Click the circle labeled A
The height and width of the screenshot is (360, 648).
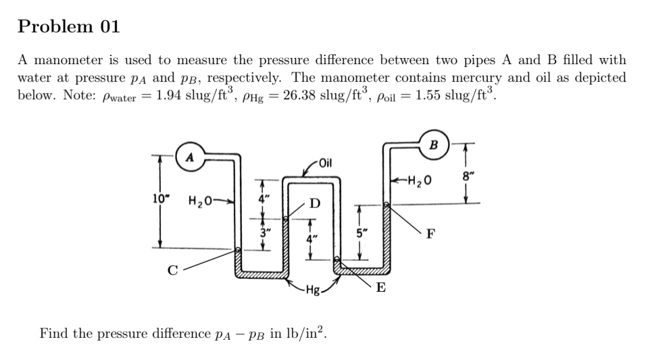click(190, 157)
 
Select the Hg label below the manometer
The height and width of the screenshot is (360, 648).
click(313, 291)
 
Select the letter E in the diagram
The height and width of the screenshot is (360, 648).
click(381, 288)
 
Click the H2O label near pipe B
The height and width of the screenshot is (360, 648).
click(418, 181)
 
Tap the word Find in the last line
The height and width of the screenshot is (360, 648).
click(53, 333)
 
